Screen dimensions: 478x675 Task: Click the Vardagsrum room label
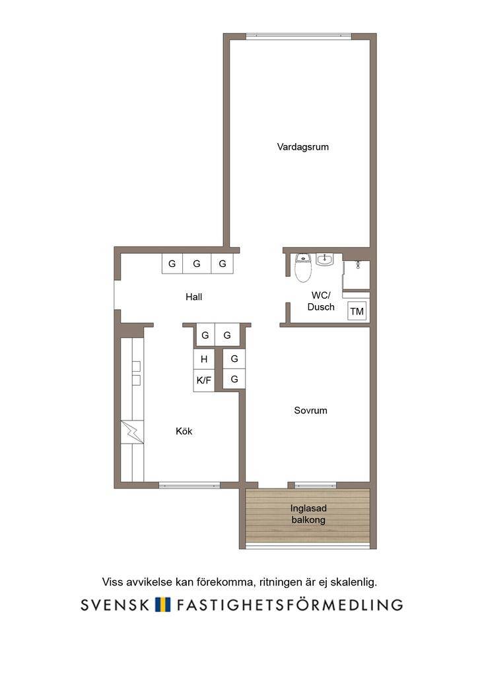tap(302, 147)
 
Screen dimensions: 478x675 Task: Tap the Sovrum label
tap(310, 410)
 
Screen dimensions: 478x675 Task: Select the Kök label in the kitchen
tap(184, 431)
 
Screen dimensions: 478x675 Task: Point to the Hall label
tap(193, 297)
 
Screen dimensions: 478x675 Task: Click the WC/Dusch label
tap(321, 301)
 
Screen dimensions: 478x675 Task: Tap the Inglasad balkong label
tap(308, 514)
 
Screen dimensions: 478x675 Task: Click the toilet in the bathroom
tap(303, 268)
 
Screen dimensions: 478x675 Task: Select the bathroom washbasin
tap(324, 259)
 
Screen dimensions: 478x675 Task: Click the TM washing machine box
tap(357, 311)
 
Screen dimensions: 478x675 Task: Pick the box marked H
tap(204, 359)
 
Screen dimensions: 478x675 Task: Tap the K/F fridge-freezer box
tap(204, 380)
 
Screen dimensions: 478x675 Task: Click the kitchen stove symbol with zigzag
tap(132, 432)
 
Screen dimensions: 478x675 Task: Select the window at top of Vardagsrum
tap(298, 36)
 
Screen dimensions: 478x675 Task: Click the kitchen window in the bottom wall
tap(189, 485)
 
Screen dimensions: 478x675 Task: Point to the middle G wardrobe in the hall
tap(197, 264)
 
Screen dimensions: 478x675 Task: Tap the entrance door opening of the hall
tap(117, 295)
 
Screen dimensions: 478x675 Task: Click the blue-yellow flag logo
tap(163, 604)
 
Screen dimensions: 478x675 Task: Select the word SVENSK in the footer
tap(115, 605)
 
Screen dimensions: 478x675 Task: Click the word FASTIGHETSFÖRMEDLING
tap(290, 604)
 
